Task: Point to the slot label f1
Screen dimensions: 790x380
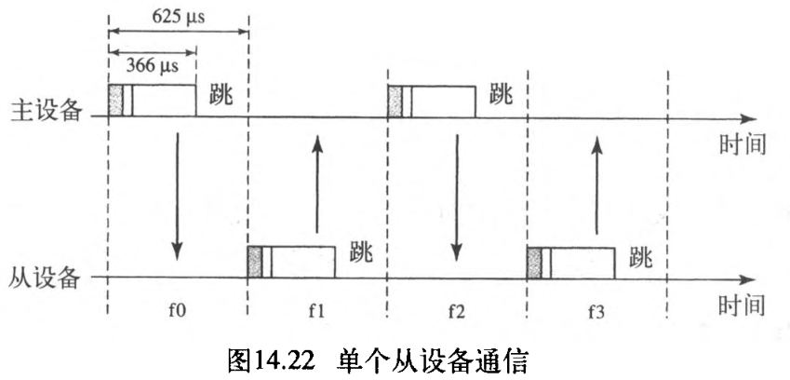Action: click(316, 310)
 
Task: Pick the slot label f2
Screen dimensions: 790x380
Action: click(456, 310)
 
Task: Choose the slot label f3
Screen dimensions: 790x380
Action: click(596, 310)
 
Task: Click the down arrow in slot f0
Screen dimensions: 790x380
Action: click(177, 196)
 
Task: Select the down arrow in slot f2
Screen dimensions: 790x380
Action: click(456, 196)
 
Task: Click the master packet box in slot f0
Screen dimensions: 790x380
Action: click(153, 101)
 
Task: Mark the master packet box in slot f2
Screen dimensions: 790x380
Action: click(432, 101)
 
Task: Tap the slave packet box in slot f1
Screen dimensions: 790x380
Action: click(290, 262)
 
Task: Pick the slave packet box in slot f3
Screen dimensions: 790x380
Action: click(570, 262)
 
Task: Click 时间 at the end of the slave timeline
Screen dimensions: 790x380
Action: click(743, 305)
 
